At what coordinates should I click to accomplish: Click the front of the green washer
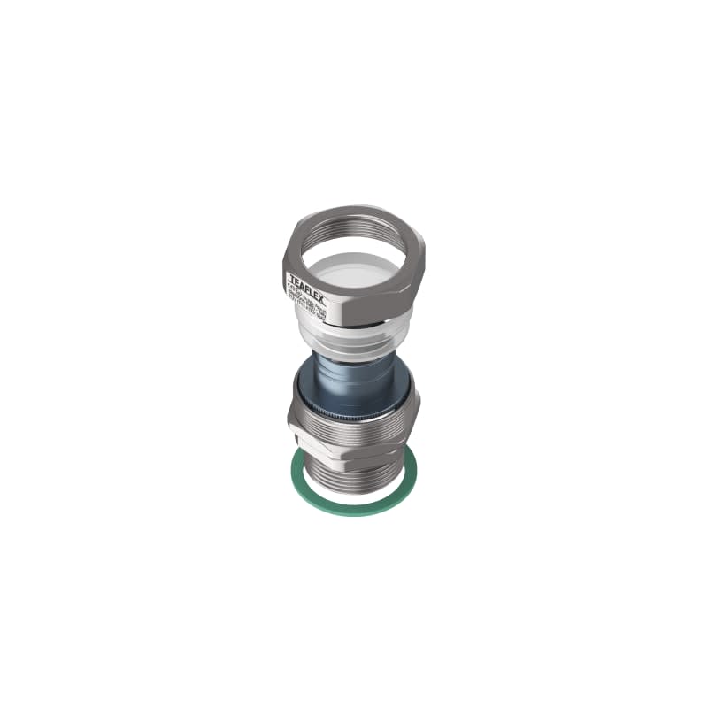coord(354,511)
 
